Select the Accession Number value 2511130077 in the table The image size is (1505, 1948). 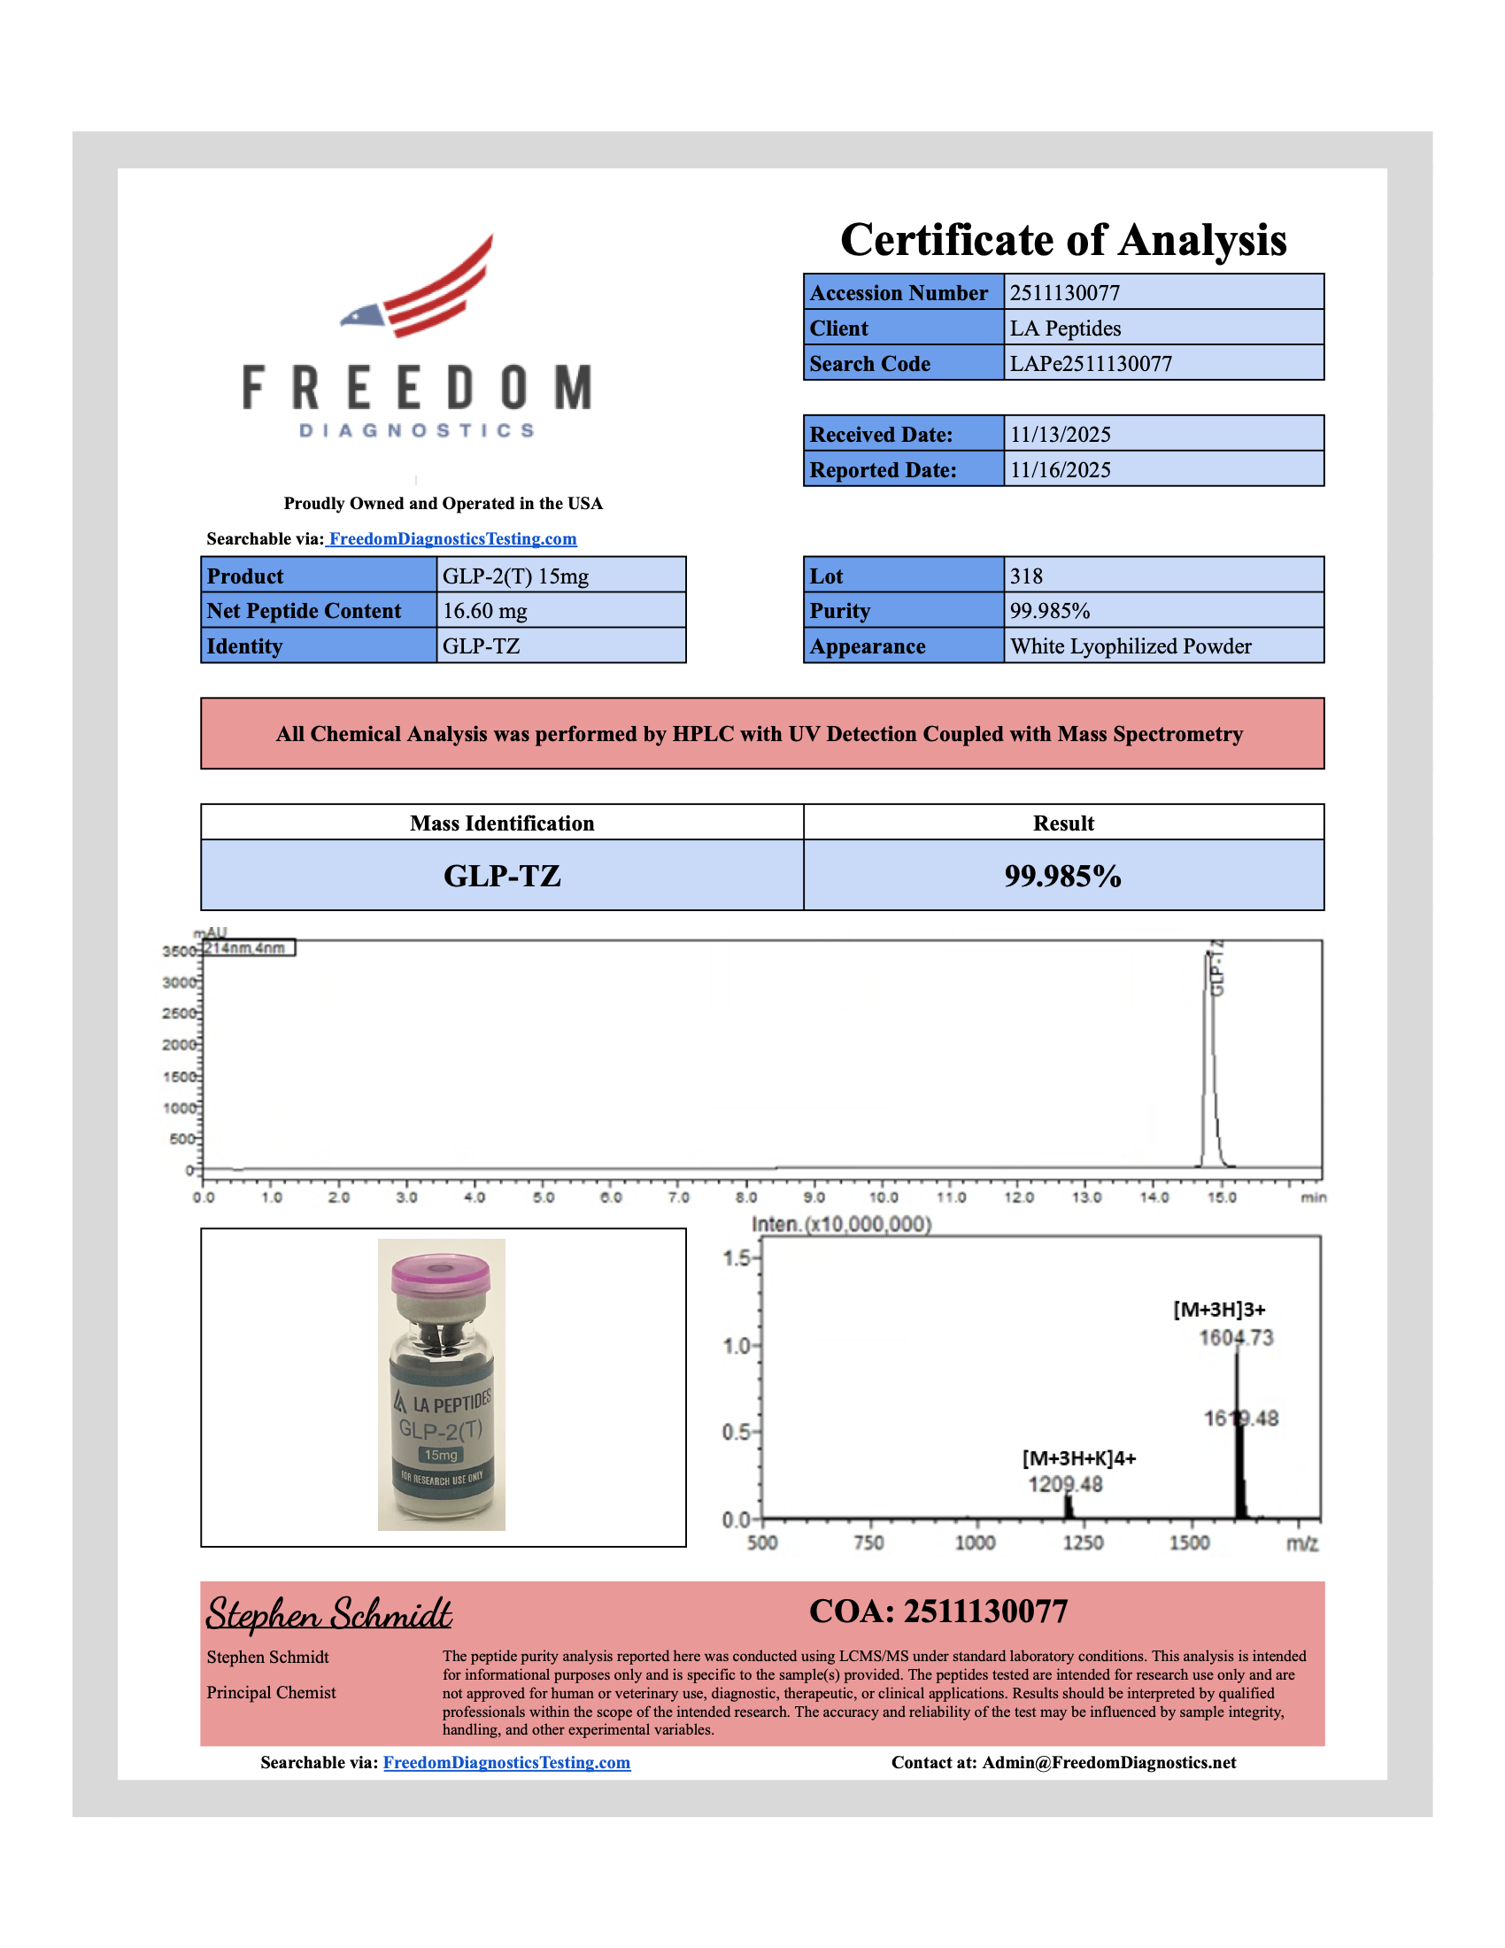point(1064,292)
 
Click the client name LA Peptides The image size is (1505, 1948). point(1064,329)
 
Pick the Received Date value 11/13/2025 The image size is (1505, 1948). point(1060,435)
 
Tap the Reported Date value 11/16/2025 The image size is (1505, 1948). point(1060,470)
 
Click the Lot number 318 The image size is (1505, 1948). point(1026,576)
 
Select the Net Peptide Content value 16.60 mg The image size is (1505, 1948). point(485,611)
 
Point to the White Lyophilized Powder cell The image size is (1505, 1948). point(1131,646)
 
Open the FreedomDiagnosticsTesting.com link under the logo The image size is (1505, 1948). point(452,538)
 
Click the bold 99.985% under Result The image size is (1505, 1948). point(1062,876)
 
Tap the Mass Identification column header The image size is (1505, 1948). point(502,823)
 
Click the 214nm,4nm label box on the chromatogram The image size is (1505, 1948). point(248,947)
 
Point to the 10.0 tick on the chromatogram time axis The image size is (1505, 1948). point(883,1197)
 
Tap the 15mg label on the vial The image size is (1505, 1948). point(441,1455)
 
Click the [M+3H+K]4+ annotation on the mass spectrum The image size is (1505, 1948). point(1079,1458)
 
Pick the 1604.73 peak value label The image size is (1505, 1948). point(1236,1338)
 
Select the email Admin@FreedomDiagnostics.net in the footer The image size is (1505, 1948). point(1109,1762)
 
